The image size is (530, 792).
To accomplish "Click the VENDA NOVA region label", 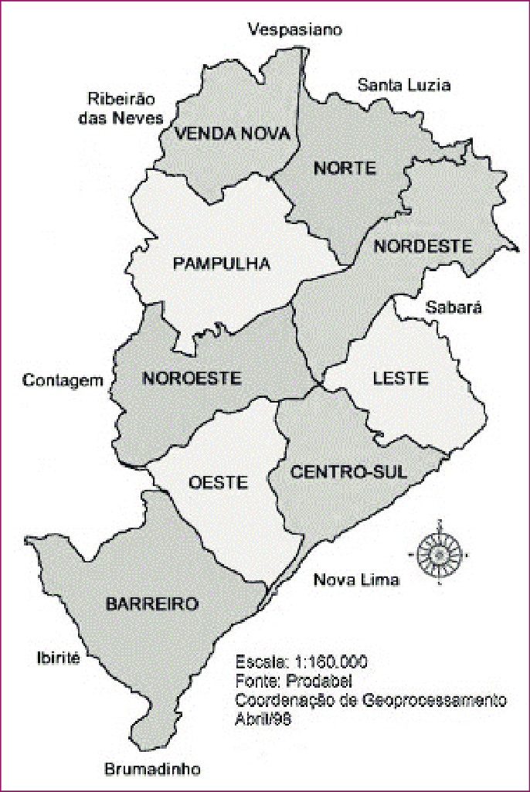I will pos(233,134).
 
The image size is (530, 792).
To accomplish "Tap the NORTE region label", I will pos(345,168).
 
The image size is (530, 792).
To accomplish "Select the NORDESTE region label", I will pos(422,246).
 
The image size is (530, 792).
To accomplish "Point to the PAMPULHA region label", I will pos(222,263).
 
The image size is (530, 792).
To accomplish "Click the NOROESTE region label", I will pos(192,378).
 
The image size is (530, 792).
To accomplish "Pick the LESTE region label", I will pos(400,378).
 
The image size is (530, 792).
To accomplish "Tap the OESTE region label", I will pos(218,483).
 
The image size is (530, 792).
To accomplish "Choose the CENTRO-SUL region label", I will pos(348,471).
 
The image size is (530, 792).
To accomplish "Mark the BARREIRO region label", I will pos(152,603).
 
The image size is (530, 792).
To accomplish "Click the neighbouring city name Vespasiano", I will pos(294,30).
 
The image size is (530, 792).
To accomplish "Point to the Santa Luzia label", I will pos(403,85).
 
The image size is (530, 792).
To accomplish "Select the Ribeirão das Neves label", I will pos(124,109).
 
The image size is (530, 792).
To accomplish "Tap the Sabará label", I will pos(454,308).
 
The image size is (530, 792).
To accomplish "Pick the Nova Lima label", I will pos(356,580).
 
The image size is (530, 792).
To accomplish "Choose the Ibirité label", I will pos(58,658).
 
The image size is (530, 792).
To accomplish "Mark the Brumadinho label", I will pos(152,770).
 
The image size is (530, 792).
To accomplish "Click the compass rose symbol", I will pos(438,552).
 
